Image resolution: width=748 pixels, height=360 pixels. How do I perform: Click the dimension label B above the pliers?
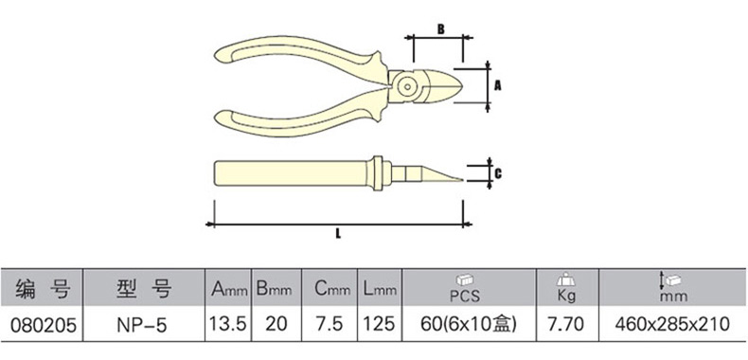click(x=441, y=29)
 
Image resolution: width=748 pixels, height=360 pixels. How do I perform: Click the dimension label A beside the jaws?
click(x=498, y=86)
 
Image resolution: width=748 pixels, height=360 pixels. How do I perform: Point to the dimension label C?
click(x=498, y=173)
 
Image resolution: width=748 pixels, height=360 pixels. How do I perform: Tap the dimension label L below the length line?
click(x=338, y=234)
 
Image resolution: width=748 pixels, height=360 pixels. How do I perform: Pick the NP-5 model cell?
click(x=142, y=325)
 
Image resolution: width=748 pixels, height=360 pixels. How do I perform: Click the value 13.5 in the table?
click(x=227, y=325)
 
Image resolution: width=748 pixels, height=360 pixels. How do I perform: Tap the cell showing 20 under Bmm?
click(x=276, y=325)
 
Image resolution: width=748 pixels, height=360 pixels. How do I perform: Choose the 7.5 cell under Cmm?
click(x=330, y=325)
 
